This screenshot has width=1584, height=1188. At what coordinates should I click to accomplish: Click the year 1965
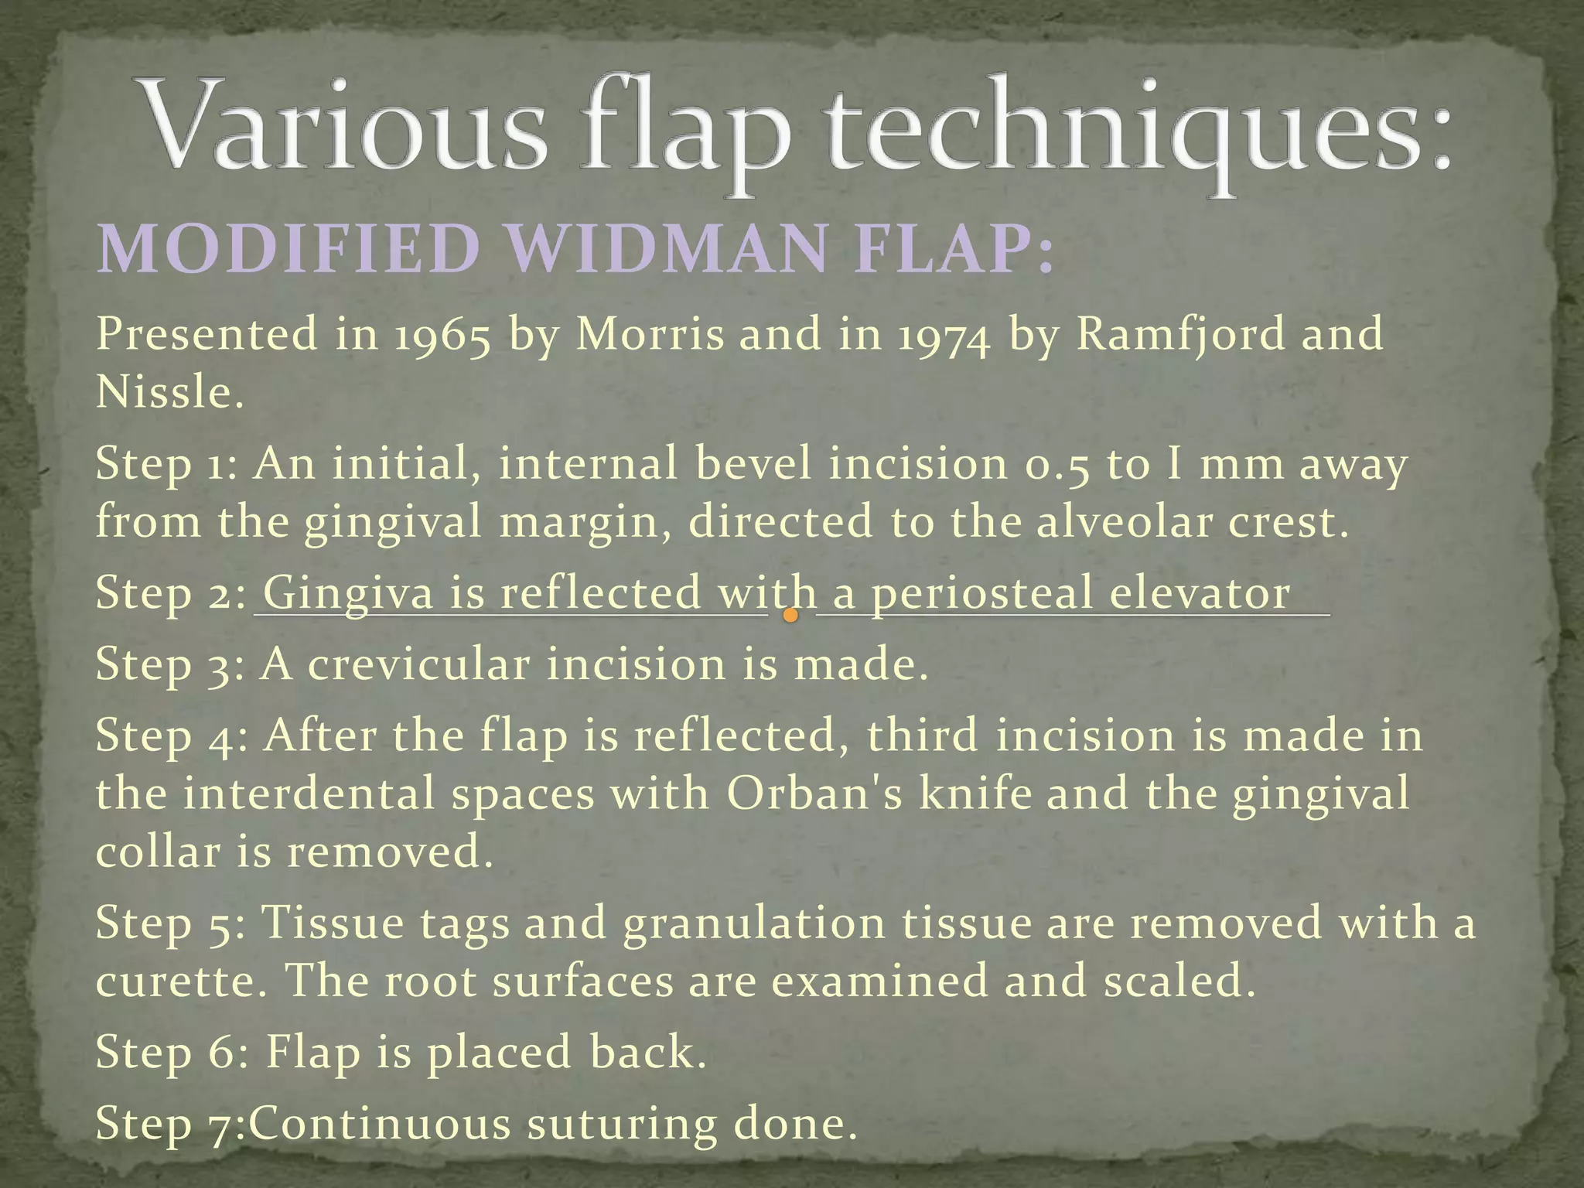coord(442,335)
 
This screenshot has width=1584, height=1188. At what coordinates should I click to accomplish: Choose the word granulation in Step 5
coord(754,923)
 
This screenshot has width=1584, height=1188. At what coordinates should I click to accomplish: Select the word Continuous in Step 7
coord(379,1123)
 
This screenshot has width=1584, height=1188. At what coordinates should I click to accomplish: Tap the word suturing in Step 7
coord(622,1123)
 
